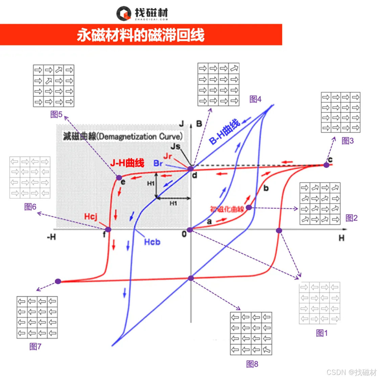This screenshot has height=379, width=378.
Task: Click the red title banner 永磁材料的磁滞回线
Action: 141,35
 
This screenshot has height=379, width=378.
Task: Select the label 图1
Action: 322,333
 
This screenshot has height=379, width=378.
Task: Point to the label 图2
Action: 351,218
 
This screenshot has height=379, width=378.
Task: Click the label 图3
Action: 348,141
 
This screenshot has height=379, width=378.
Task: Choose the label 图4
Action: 255,99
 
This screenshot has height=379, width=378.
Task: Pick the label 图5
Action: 56,115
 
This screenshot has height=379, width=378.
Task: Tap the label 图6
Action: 30,206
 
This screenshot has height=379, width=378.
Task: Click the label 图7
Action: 35,346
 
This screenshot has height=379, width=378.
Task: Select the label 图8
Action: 252,364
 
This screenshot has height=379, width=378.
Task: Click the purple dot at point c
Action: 326,165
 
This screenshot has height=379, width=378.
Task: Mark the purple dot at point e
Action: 119,177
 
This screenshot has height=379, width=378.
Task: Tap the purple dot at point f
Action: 108,230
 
